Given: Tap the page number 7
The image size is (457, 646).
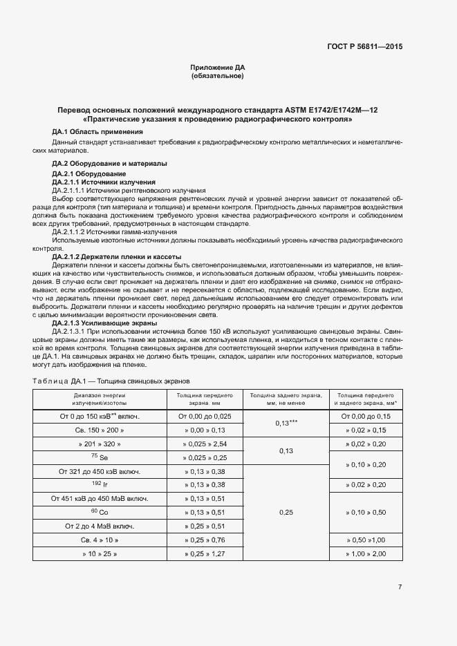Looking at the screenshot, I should [x=400, y=587].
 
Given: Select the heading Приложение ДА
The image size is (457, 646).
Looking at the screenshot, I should [x=218, y=67].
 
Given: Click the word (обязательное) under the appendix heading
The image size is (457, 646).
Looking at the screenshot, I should [x=217, y=76].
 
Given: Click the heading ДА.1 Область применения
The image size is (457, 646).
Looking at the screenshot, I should [x=97, y=131].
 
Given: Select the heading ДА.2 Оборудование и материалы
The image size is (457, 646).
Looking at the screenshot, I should [x=110, y=164].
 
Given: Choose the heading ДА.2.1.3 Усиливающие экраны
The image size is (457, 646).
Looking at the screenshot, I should [x=104, y=323].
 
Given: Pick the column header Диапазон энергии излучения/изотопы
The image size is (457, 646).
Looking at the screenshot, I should [x=100, y=399].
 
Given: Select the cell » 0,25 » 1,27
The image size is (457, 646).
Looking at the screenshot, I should [x=205, y=554].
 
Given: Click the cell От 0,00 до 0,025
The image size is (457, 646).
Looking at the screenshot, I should [x=205, y=416].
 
